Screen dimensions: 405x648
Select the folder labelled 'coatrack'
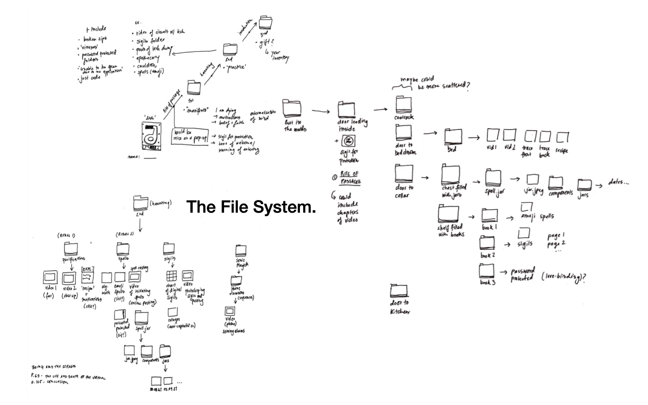point(404,104)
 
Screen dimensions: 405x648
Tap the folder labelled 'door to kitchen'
point(399,290)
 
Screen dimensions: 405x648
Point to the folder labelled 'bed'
point(453,136)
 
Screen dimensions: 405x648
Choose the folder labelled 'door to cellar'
point(404,173)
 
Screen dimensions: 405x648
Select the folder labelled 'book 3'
point(486,271)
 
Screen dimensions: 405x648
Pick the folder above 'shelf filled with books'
point(448,214)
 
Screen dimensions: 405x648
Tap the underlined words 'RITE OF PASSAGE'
point(350,178)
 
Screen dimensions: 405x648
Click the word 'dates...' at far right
point(618,183)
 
